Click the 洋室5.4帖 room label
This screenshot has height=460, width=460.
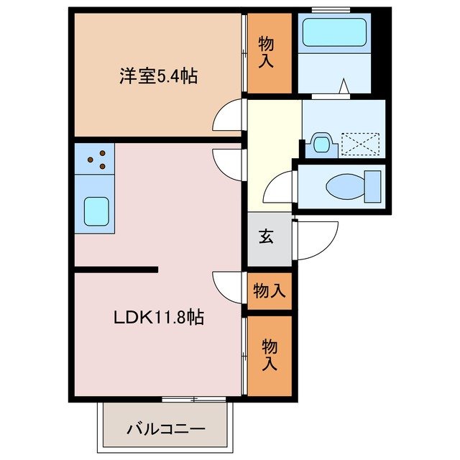157,76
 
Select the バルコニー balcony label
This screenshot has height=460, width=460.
166,429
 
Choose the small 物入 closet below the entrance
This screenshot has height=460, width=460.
270,291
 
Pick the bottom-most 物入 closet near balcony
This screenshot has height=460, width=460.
270,354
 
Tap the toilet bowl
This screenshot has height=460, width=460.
350,188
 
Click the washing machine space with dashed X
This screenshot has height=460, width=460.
359,144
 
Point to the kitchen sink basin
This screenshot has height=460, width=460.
94,211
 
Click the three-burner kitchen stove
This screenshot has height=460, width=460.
94,160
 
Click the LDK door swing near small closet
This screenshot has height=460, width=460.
229,284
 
